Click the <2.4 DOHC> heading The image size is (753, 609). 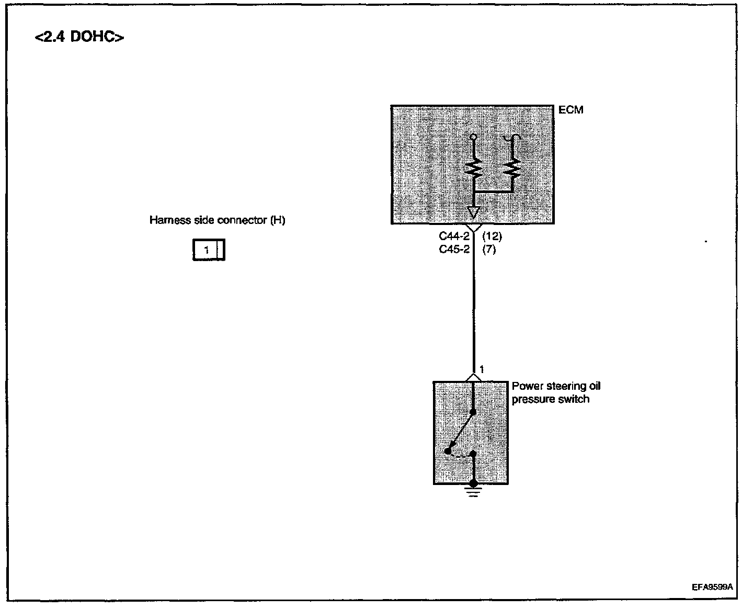click(x=79, y=38)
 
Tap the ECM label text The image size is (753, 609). click(x=571, y=110)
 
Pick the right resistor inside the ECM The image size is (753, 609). click(x=512, y=168)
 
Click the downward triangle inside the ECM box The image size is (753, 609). click(x=474, y=212)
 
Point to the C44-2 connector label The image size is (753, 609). click(x=454, y=236)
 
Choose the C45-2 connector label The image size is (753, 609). click(x=454, y=250)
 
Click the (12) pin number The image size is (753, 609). click(x=492, y=236)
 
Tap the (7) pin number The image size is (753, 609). click(x=489, y=250)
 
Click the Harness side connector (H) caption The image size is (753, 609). click(x=217, y=220)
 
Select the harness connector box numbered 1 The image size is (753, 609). click(x=209, y=251)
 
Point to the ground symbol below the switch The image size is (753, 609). click(x=473, y=491)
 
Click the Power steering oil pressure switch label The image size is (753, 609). click(x=556, y=392)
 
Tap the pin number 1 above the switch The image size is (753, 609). click(x=482, y=370)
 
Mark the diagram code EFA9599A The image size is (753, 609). click(x=712, y=587)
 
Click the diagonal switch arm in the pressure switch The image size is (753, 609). click(x=460, y=431)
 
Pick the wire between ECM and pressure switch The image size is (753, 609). click(x=474, y=309)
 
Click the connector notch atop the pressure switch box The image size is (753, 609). click(x=473, y=378)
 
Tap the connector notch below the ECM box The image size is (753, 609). click(x=474, y=228)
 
